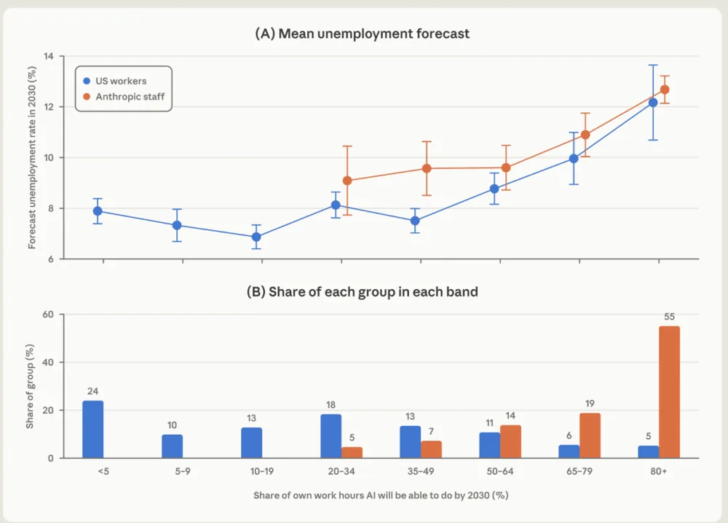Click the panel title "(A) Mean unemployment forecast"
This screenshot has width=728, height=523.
point(362,34)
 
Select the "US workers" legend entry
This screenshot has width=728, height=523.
point(115,81)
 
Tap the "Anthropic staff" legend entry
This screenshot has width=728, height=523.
point(124,97)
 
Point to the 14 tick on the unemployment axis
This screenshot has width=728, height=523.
point(49,56)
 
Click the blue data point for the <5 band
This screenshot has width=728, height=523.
point(98,211)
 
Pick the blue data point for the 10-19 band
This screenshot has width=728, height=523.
point(256,237)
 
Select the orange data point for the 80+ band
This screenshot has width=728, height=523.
point(665,90)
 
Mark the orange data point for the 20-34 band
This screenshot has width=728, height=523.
point(347,181)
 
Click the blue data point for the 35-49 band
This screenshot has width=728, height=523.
point(415,221)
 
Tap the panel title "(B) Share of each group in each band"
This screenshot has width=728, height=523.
point(362,291)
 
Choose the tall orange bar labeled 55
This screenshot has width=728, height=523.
point(670,392)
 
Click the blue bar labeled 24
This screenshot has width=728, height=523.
point(93,429)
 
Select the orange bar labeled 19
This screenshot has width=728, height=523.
point(590,436)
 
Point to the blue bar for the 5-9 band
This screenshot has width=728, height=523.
point(173,447)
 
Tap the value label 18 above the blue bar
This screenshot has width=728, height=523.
point(331,404)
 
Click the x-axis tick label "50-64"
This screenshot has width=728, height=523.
point(500,471)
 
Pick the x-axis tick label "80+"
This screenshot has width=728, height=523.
point(658,471)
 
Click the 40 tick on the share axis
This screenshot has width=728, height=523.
point(48,362)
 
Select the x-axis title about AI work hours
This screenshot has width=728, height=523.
point(381,495)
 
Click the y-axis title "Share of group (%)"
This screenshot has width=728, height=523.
point(30,387)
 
